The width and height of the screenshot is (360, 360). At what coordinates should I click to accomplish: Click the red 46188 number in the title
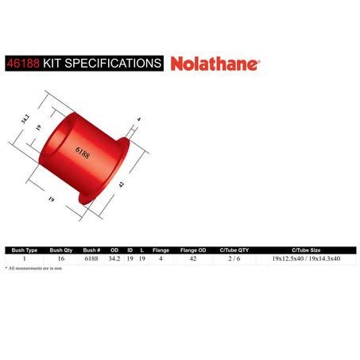coord(23,64)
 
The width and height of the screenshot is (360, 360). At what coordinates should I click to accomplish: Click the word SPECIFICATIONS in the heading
coord(113,64)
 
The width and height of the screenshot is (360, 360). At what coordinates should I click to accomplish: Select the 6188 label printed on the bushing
coord(83,153)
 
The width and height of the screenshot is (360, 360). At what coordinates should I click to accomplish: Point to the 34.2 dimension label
coord(25,119)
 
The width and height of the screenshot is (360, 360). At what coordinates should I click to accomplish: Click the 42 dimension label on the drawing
coord(122,184)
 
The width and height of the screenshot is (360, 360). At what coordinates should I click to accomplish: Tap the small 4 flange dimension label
coord(139,119)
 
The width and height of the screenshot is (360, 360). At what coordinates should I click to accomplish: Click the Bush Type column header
coord(25,250)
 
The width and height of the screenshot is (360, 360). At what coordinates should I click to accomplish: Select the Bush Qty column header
coord(61,250)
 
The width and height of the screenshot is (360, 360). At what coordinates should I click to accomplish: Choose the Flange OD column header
coord(193,250)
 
